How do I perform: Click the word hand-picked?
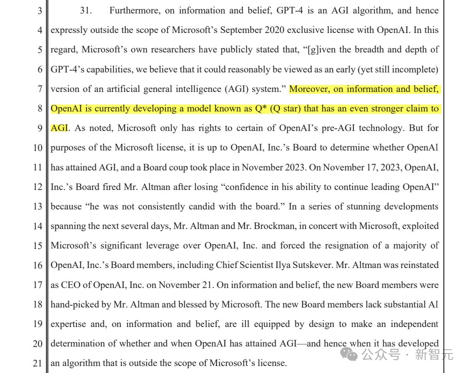click(74, 304)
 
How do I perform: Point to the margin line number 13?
click(37, 206)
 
